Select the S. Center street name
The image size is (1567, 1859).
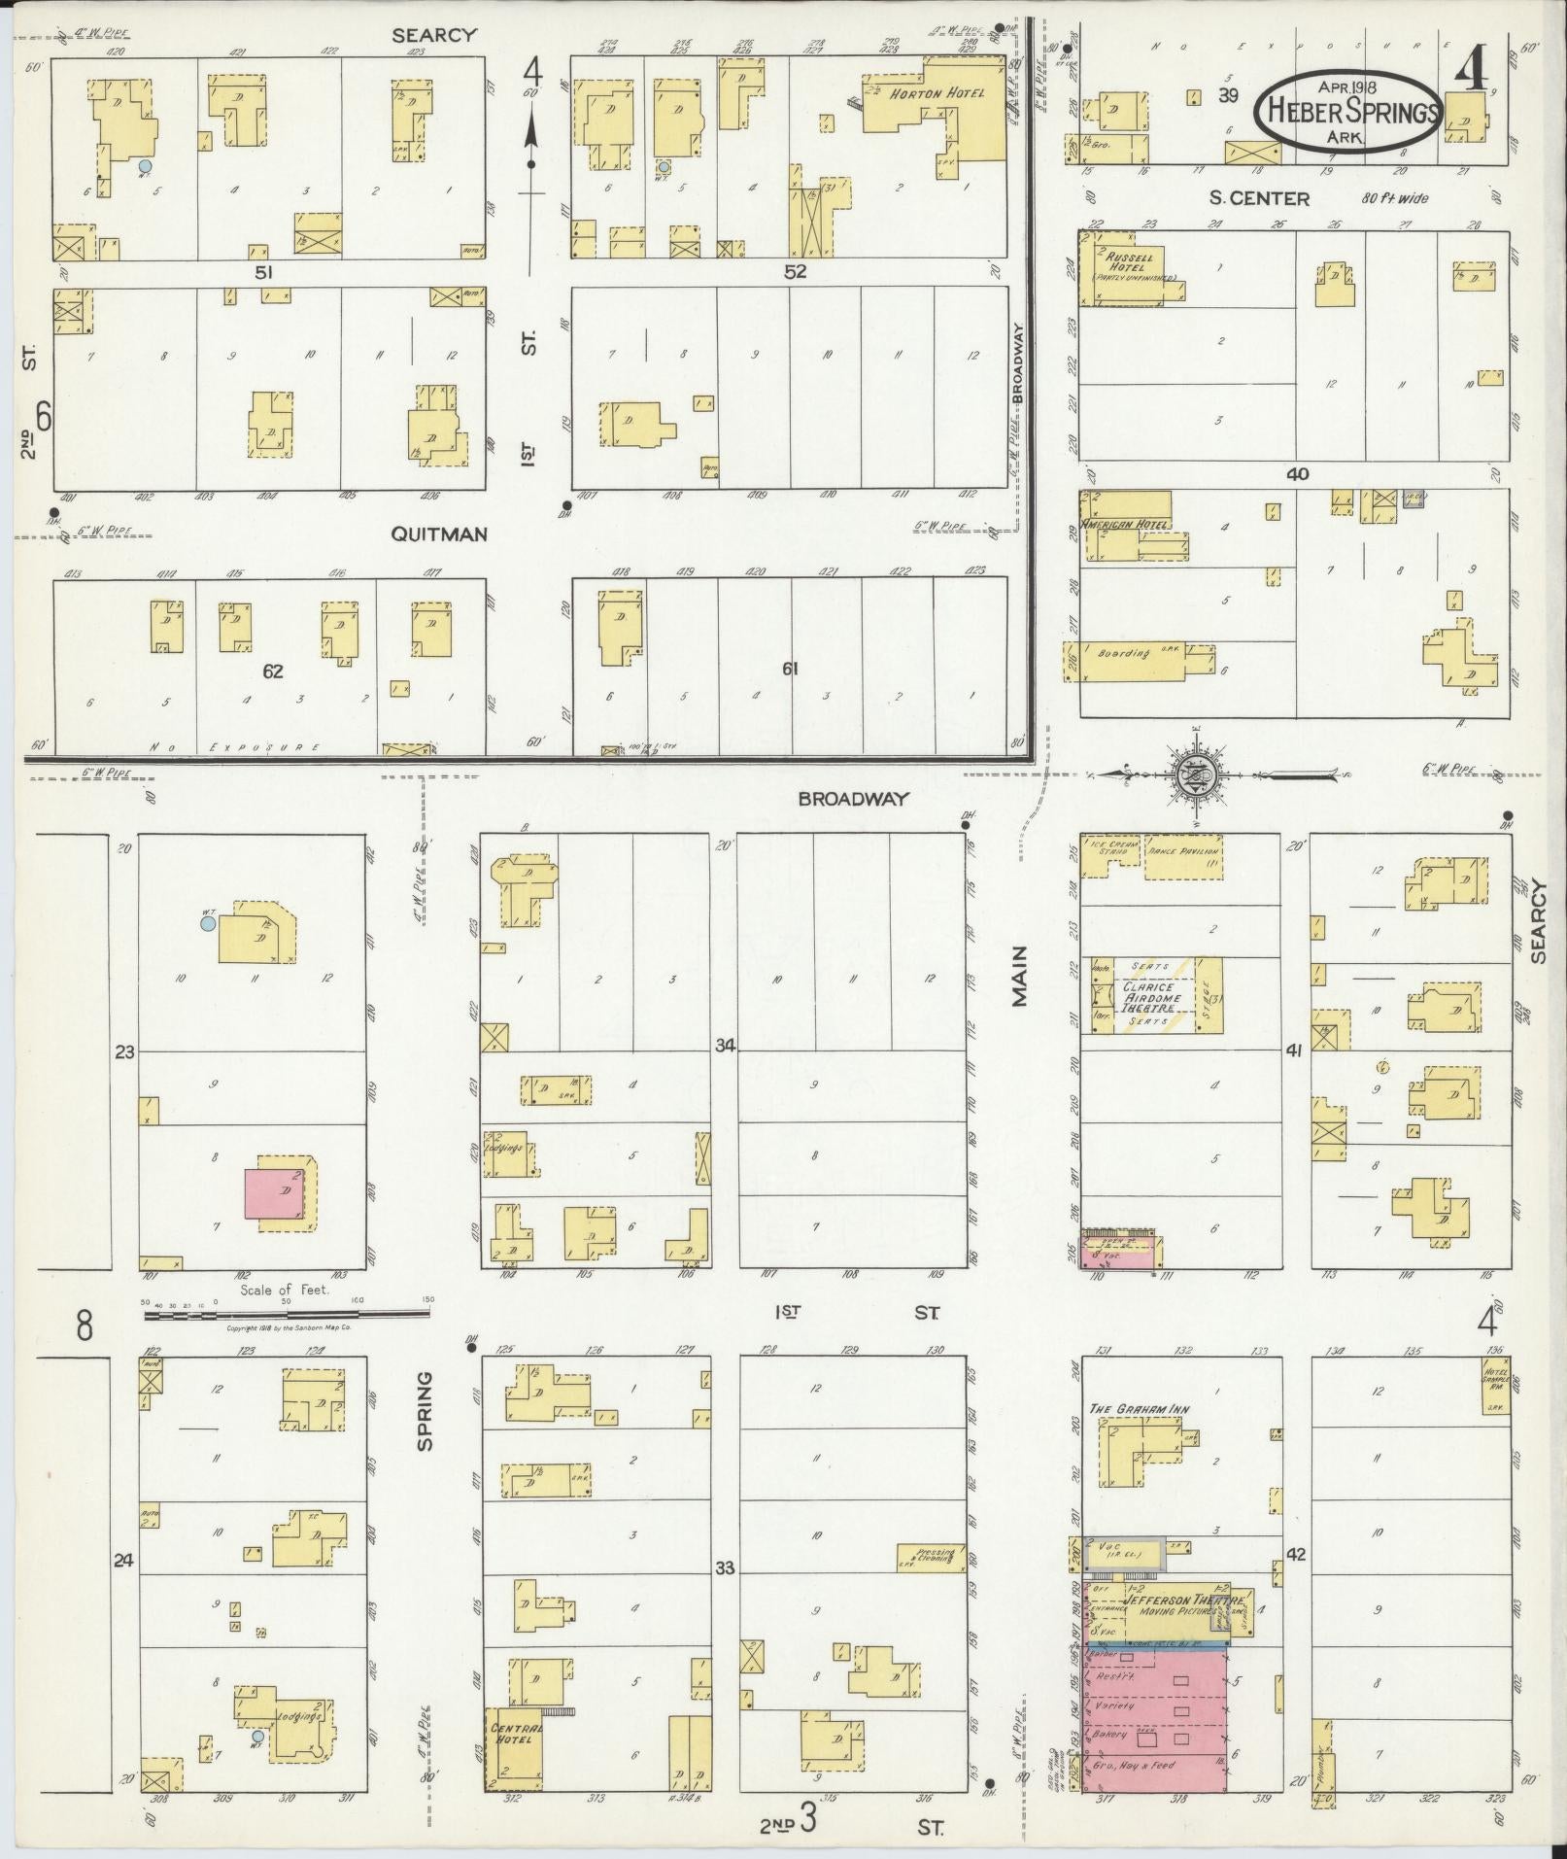1259,198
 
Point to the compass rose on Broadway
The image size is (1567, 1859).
1194,774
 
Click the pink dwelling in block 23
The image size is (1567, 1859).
277,1193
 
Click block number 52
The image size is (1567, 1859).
796,272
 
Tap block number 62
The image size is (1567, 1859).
273,671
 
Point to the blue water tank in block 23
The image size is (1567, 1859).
206,924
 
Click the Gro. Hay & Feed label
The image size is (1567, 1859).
1136,1765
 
